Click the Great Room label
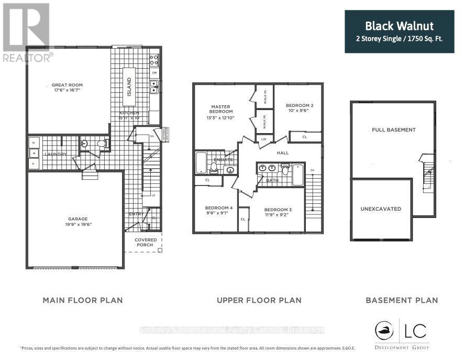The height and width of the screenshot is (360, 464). pos(67,85)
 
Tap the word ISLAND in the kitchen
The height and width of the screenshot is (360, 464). pos(129,88)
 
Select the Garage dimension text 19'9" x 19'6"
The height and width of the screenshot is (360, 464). pos(77,224)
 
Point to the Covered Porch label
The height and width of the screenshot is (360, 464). pos(145,242)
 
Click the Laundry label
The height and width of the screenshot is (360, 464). pos(56,154)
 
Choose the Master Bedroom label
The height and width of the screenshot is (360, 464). pos(220,108)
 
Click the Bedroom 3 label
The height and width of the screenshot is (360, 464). pos(278,210)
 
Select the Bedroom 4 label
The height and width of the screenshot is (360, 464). pos(218,208)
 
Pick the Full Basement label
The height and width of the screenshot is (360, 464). pos(394,129)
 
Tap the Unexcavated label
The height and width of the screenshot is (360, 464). pos(381,209)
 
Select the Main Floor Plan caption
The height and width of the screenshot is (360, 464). pos(83,300)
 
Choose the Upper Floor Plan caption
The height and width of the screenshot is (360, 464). pos(259,300)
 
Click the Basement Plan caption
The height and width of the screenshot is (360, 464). pos(402,300)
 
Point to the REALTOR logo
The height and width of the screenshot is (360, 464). pos(26,31)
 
